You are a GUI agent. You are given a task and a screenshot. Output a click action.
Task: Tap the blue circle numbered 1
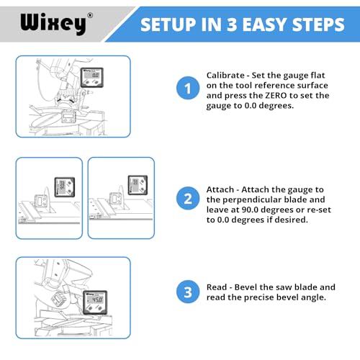(187, 89)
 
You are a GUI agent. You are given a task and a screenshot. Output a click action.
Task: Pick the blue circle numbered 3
(187, 292)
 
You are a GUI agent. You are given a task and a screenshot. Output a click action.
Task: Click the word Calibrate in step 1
(228, 75)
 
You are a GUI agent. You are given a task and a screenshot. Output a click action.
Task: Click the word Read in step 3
(219, 287)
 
